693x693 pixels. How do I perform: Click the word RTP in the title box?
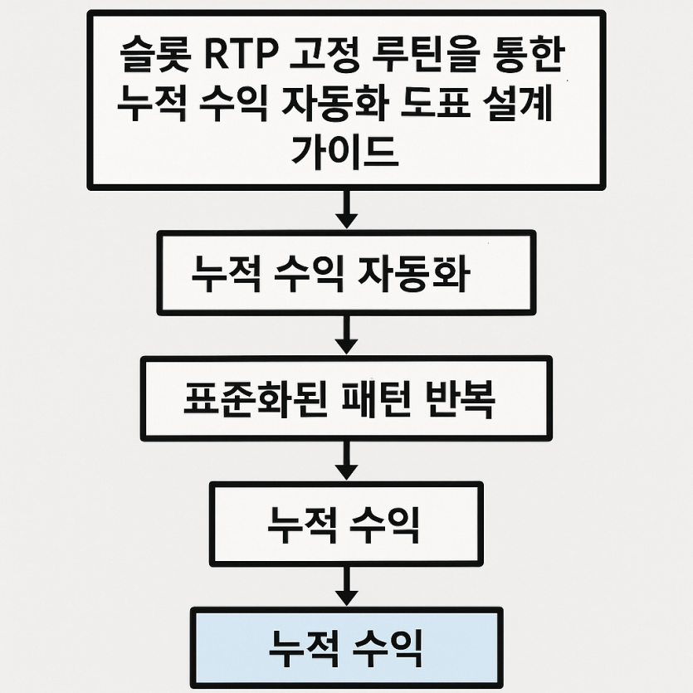tap(242, 56)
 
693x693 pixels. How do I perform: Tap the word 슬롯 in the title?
tap(155, 56)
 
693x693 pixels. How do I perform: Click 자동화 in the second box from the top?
tap(413, 274)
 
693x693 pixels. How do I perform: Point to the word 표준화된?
tap(256, 399)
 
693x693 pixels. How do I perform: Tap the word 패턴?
tap(376, 399)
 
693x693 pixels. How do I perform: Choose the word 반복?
tap(460, 399)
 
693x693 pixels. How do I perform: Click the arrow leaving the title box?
tap(347, 208)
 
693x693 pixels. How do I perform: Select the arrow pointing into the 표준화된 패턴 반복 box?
tap(347, 334)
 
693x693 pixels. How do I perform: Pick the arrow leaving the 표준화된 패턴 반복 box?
tap(347, 460)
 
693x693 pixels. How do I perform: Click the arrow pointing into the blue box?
tap(347, 586)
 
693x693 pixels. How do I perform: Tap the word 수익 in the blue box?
tap(388, 650)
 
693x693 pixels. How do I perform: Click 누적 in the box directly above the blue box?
tap(302, 524)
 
